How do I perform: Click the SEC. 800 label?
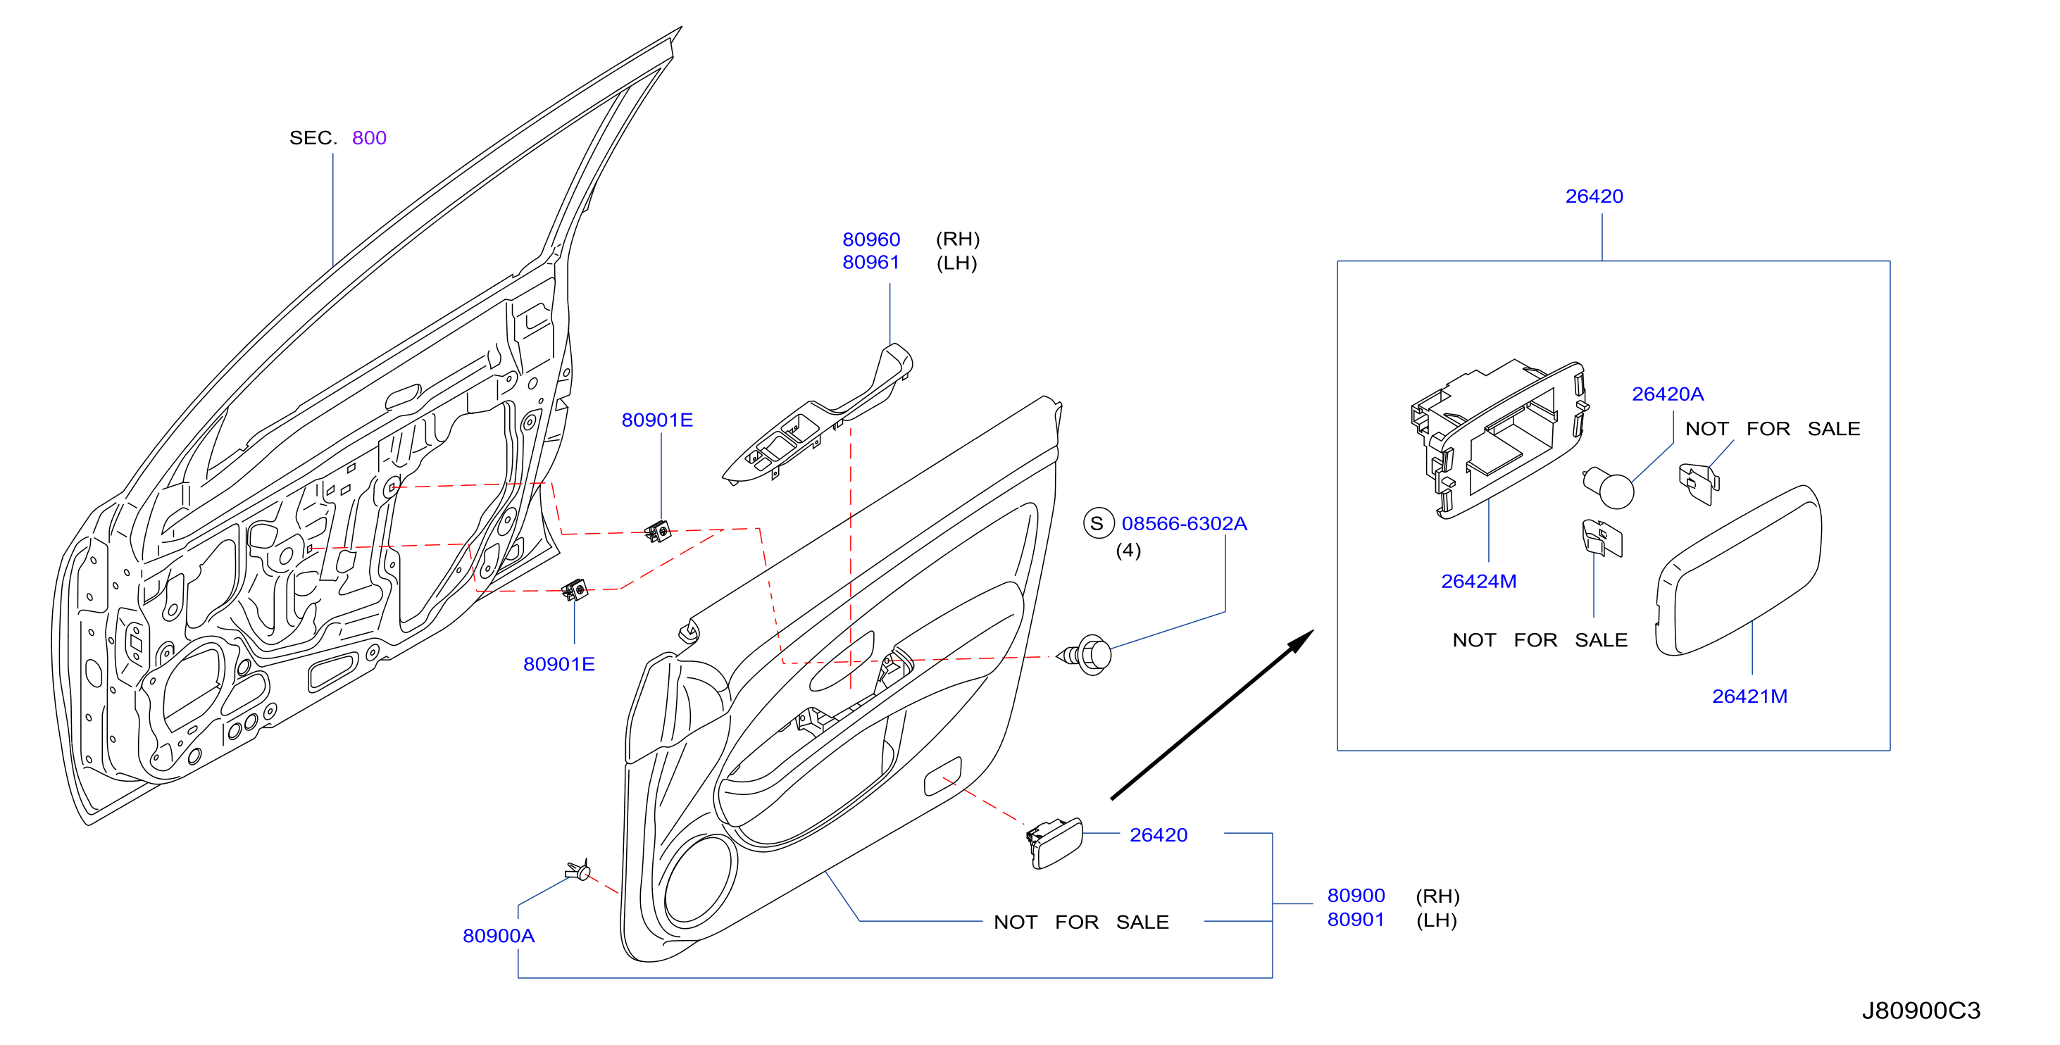(x=337, y=137)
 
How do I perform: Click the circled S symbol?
(x=1098, y=523)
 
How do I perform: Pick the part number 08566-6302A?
(x=1184, y=523)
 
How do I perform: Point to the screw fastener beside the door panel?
(x=1085, y=655)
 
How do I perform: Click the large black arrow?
(x=1211, y=714)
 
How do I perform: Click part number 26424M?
(x=1479, y=581)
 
